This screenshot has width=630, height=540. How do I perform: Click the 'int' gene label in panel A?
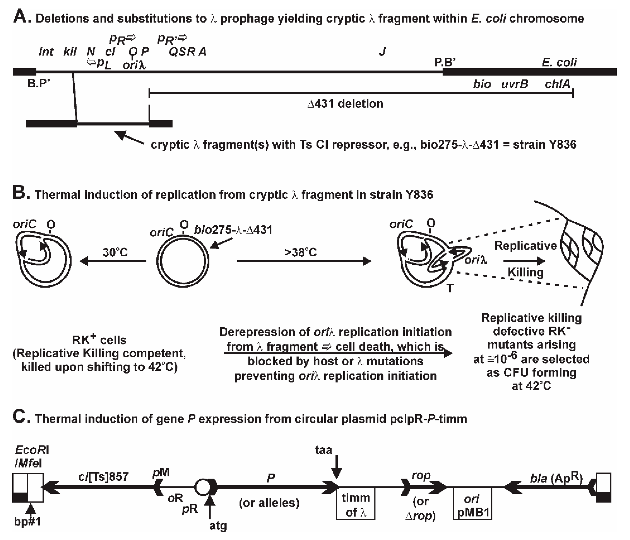pos(46,52)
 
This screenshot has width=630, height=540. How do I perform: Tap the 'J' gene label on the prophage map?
pos(382,52)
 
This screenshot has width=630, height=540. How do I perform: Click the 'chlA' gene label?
pos(557,84)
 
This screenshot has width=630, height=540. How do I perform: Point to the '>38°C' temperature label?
pos(301,252)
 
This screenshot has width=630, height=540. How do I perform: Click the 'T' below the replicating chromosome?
pos(450,288)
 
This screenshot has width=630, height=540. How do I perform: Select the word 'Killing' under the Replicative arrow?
pos(525,272)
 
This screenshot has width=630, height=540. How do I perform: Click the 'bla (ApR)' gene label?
pos(556,478)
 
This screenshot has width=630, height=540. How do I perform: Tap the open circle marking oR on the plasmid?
pos(201,487)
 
